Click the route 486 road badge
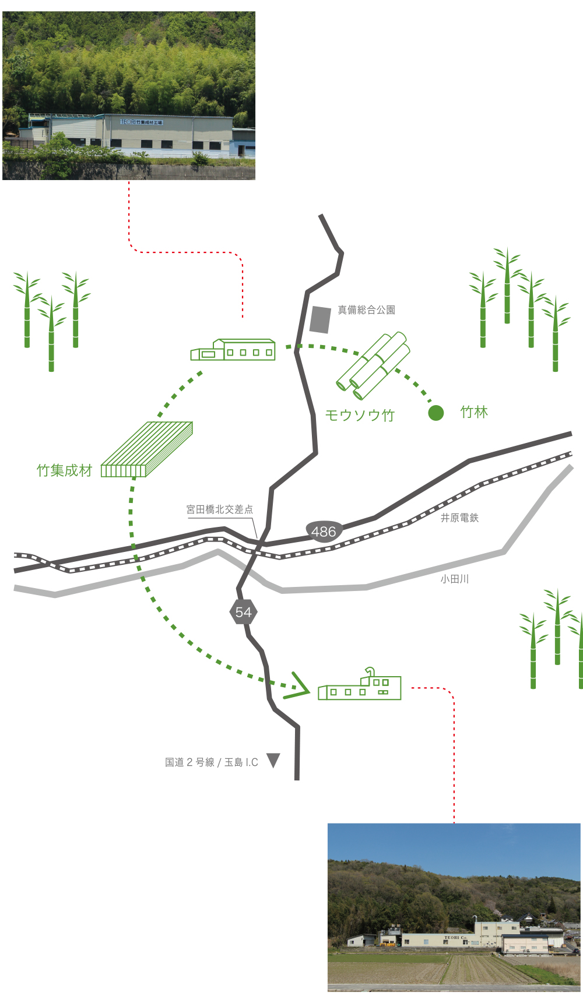point(324,531)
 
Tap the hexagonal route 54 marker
point(243,612)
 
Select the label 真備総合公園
point(366,310)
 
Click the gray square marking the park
point(320,319)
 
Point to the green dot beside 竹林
point(436,413)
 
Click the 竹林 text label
point(474,412)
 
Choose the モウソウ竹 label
point(360,415)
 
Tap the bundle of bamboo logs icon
point(373,365)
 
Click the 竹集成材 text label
point(64,470)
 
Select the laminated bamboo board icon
point(147,449)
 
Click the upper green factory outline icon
point(233,350)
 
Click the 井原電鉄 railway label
point(459,518)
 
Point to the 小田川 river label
point(454,579)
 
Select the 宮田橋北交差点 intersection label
point(219,509)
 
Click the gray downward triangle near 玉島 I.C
point(273,761)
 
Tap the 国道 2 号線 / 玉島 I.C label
point(211,762)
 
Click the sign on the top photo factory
point(142,122)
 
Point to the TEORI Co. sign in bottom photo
point(455,938)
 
